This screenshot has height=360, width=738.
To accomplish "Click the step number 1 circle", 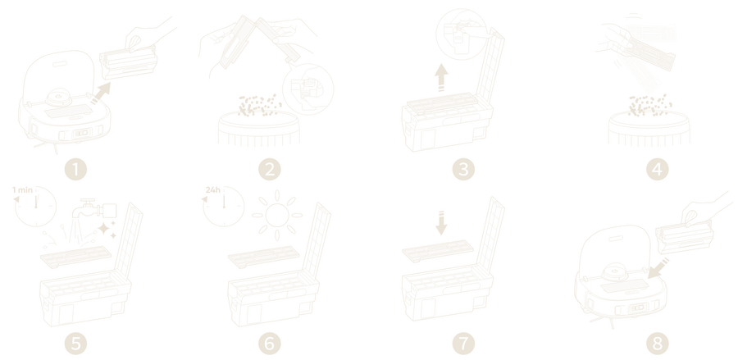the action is [x=75, y=169].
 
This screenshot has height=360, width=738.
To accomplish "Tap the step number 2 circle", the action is [x=270, y=169].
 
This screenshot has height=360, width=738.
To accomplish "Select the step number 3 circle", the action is [x=463, y=169].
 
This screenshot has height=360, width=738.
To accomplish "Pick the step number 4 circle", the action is [x=658, y=169].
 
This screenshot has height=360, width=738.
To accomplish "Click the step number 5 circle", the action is [x=75, y=343].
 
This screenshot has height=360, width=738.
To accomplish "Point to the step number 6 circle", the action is [x=270, y=343].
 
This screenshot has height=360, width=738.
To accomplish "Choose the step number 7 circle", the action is [x=463, y=343].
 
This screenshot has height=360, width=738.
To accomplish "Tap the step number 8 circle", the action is [x=658, y=343].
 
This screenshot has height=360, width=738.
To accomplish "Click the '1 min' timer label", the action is [x=22, y=189].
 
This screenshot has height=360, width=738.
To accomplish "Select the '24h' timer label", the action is [x=212, y=189].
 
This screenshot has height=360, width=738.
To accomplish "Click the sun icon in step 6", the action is [x=277, y=215].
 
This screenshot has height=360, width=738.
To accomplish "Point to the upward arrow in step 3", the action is [x=441, y=77].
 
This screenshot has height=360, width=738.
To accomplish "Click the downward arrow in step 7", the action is [x=441, y=223].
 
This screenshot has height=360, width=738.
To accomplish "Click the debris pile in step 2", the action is [x=259, y=105].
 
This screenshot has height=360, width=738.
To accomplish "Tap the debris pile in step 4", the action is [x=649, y=105].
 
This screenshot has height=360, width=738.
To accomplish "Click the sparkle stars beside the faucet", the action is [x=107, y=230].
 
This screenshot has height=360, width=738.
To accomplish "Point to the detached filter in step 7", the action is [x=438, y=250].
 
